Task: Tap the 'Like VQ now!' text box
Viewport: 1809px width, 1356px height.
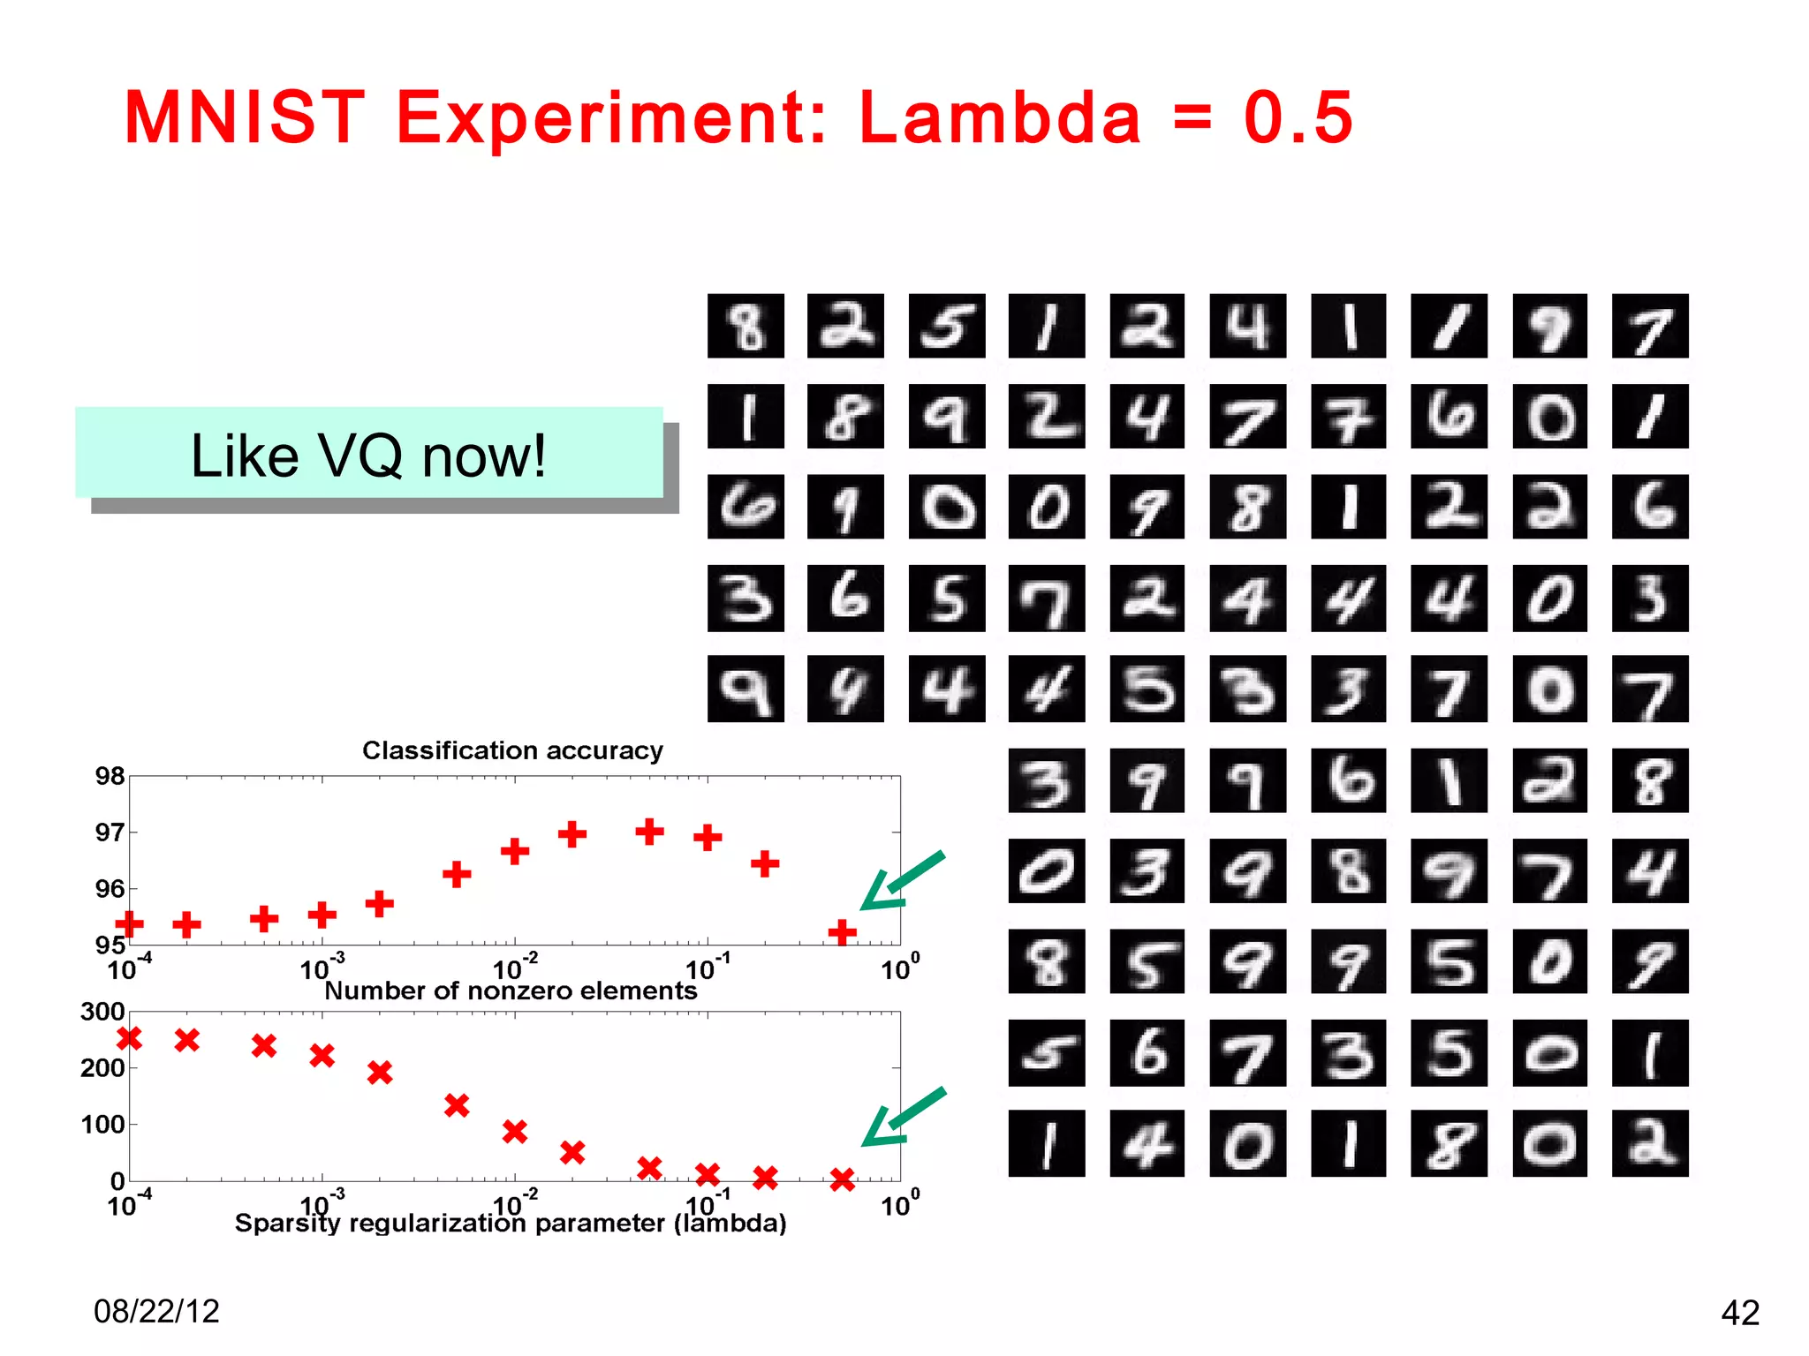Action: [369, 455]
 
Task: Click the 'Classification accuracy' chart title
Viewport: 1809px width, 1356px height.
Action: [512, 750]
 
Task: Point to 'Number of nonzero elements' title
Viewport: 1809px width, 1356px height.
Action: [511, 991]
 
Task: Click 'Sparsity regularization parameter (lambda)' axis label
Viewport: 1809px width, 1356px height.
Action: [511, 1224]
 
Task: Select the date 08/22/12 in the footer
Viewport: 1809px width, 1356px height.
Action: [156, 1311]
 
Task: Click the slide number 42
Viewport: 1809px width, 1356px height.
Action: [1740, 1313]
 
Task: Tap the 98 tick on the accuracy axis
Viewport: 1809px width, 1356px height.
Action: [110, 776]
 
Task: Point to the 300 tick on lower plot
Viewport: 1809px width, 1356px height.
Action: [102, 1012]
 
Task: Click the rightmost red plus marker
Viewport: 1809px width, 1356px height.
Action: [842, 931]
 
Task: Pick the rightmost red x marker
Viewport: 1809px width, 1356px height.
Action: [842, 1179]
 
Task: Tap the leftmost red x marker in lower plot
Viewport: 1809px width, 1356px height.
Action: [129, 1038]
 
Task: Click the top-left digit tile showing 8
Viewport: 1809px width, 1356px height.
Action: [746, 326]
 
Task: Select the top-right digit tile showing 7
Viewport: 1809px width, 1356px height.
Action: [1649, 326]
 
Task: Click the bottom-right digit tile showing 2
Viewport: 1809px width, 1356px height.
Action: [1649, 1143]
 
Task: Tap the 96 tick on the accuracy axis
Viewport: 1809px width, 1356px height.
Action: [110, 888]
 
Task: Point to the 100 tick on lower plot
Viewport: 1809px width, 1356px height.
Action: [102, 1125]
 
